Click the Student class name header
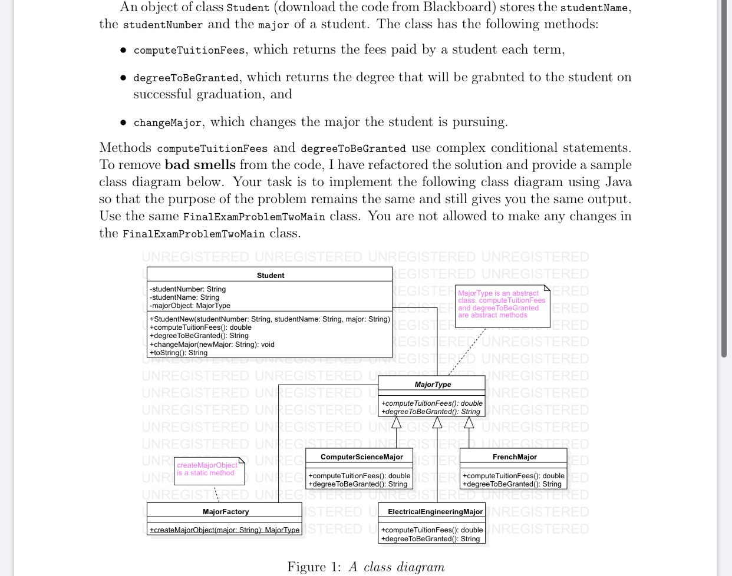pyautogui.click(x=271, y=275)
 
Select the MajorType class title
pyautogui.click(x=433, y=384)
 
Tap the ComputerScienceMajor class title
pyautogui.click(x=361, y=456)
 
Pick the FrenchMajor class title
pyautogui.click(x=514, y=456)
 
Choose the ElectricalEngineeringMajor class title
pyautogui.click(x=435, y=511)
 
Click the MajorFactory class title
pyautogui.click(x=225, y=511)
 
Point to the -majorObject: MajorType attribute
pyautogui.click(x=190, y=306)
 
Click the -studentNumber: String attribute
pyautogui.click(x=187, y=289)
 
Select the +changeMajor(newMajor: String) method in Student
pyautogui.click(x=212, y=345)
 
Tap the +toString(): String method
pyautogui.click(x=179, y=353)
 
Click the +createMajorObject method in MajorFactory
pyautogui.click(x=225, y=530)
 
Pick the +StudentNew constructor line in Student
pyautogui.click(x=269, y=319)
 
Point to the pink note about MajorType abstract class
pyautogui.click(x=502, y=304)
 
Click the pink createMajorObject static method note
pyautogui.click(x=207, y=469)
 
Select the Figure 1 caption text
pyautogui.click(x=365, y=567)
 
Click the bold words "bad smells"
pyautogui.click(x=200, y=165)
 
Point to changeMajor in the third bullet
pyautogui.click(x=167, y=123)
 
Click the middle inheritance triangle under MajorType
pyautogui.click(x=437, y=422)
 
